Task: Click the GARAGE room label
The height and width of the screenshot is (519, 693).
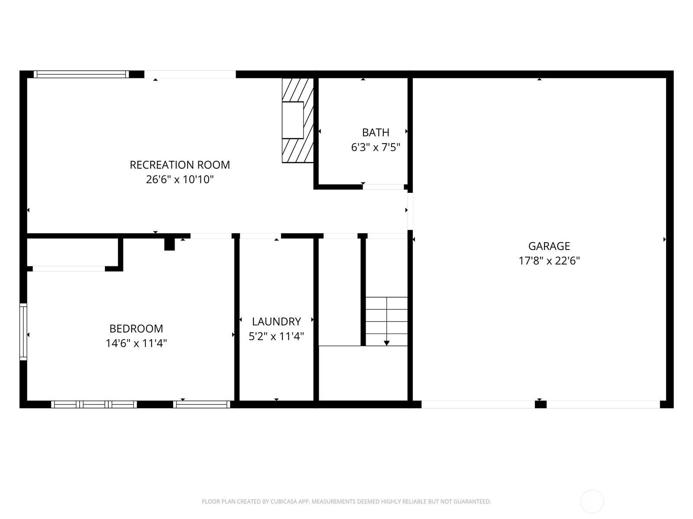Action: click(549, 246)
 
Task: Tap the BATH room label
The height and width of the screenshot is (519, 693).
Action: click(376, 132)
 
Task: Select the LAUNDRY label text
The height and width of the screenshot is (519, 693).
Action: click(276, 321)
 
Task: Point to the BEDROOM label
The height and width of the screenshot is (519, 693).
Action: click(136, 329)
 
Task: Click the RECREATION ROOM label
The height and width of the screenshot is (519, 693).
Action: click(180, 165)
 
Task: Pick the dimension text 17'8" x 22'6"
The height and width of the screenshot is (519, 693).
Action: click(549, 261)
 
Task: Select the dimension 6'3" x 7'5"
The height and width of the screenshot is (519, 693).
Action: click(376, 147)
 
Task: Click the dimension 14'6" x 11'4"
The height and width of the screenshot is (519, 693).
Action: click(136, 343)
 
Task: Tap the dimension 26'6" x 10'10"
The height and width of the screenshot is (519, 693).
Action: click(180, 179)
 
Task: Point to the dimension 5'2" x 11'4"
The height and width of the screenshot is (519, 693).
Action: click(276, 336)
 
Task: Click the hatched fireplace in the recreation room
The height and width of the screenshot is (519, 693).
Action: click(298, 120)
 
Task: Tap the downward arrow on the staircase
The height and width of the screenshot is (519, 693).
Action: click(387, 343)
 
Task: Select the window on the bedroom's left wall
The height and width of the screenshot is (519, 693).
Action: click(23, 332)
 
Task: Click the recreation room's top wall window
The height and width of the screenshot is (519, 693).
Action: click(81, 74)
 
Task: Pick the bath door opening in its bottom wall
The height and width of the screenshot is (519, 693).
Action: click(383, 187)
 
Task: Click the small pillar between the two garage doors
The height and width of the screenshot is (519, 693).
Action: click(541, 404)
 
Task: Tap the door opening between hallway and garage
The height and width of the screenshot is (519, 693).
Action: click(410, 211)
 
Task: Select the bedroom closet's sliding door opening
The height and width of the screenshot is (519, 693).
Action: click(68, 269)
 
